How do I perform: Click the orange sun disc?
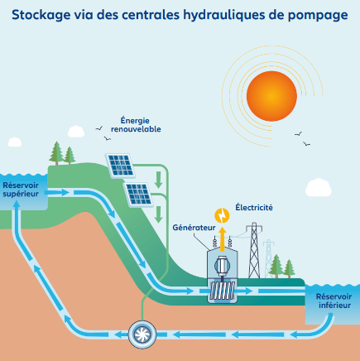pos(271,96)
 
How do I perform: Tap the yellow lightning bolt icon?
pos(222,215)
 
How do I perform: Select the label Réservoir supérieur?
pos(21,190)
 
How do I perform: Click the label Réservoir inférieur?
pos(334,301)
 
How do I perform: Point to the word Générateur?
pos(194,228)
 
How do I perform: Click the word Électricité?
pos(254,207)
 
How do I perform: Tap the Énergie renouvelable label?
pos(136,125)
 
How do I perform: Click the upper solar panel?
pos(120,165)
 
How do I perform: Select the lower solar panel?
pos(138,194)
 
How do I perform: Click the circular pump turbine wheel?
pos(142,335)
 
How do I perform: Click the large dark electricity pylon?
pos(254,250)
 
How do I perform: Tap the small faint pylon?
pos(268,258)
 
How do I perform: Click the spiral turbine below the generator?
pos(223,291)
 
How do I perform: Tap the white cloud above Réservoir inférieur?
pos(319,187)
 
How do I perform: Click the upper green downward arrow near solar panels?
pos(158,180)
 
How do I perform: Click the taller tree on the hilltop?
pos(56,153)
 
